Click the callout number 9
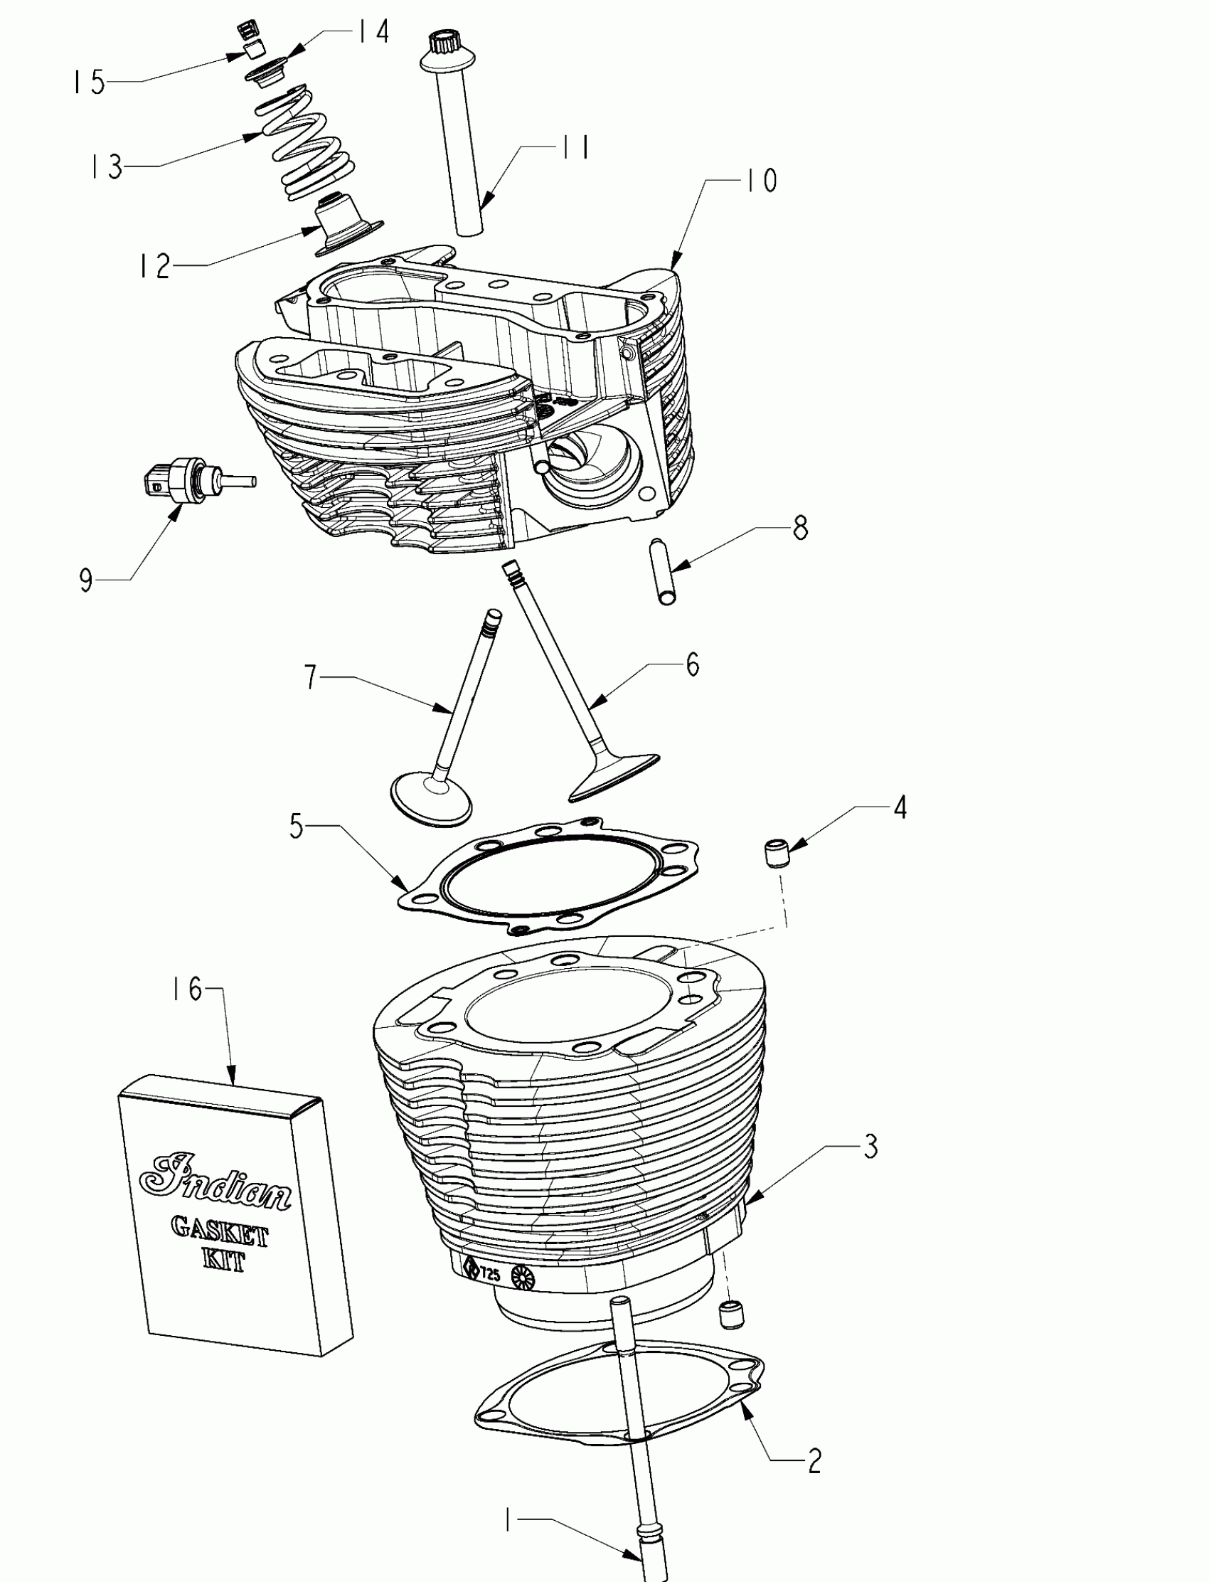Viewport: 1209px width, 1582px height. click(x=86, y=580)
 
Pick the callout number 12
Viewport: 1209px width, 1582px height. click(x=154, y=266)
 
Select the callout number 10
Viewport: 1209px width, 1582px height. click(x=760, y=181)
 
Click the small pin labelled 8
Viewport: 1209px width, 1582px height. click(x=665, y=572)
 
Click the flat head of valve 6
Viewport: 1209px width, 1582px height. click(x=613, y=776)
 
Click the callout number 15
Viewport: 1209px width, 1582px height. click(x=87, y=82)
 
